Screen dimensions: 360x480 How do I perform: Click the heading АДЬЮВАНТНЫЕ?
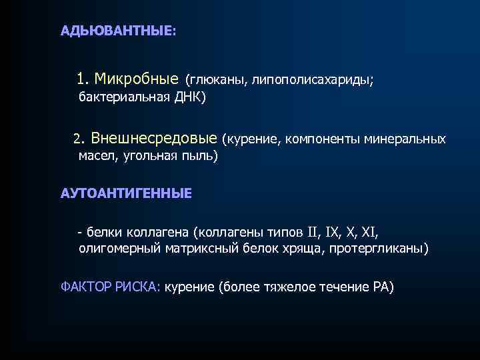pyautogui.click(x=117, y=31)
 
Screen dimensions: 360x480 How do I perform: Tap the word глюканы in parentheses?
pyautogui.click(x=215, y=81)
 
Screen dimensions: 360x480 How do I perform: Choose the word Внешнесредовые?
pyautogui.click(x=154, y=138)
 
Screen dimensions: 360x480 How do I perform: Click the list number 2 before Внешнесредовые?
pyautogui.click(x=77, y=139)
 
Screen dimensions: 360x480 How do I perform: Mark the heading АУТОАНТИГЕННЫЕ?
pyautogui.click(x=126, y=193)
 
